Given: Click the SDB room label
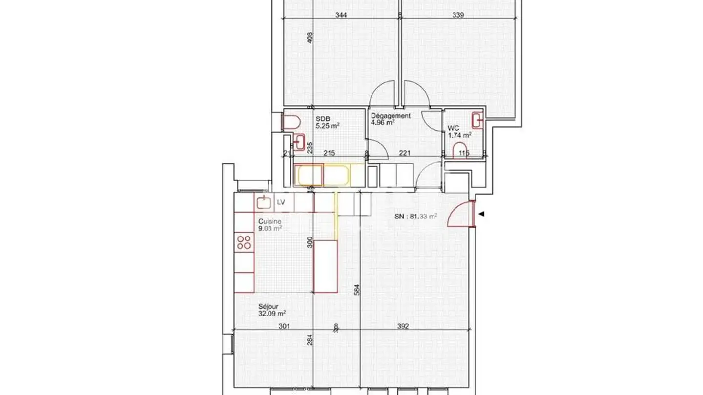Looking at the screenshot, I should [322, 118].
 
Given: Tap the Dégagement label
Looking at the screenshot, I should [391, 116].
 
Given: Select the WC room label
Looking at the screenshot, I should [454, 128].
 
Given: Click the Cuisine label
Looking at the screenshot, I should [269, 221].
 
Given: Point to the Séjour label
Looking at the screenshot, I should [269, 307].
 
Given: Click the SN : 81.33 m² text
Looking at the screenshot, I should [415, 217].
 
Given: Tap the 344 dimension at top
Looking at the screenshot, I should [341, 15].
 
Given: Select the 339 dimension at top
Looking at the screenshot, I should [458, 15].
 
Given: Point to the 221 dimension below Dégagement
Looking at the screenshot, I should [405, 153].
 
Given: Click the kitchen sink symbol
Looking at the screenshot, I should [264, 201].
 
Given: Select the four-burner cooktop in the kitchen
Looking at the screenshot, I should [244, 242].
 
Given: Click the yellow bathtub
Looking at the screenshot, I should [323, 176].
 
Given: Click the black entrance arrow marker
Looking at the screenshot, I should [482, 214].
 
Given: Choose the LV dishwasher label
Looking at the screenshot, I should [281, 202].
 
